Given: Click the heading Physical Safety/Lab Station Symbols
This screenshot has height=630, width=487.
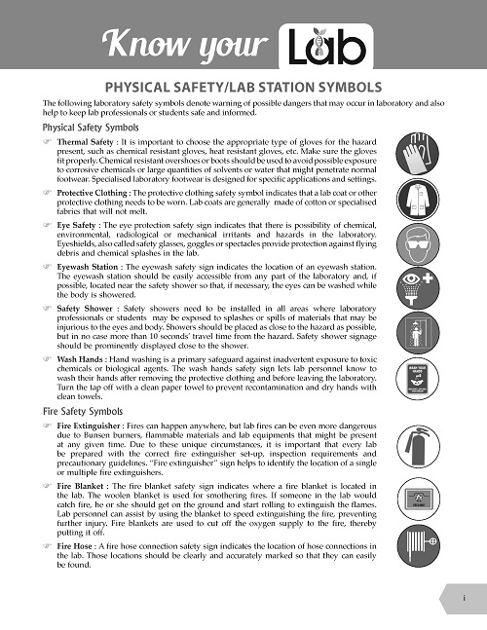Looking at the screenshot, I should click(x=243, y=86).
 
